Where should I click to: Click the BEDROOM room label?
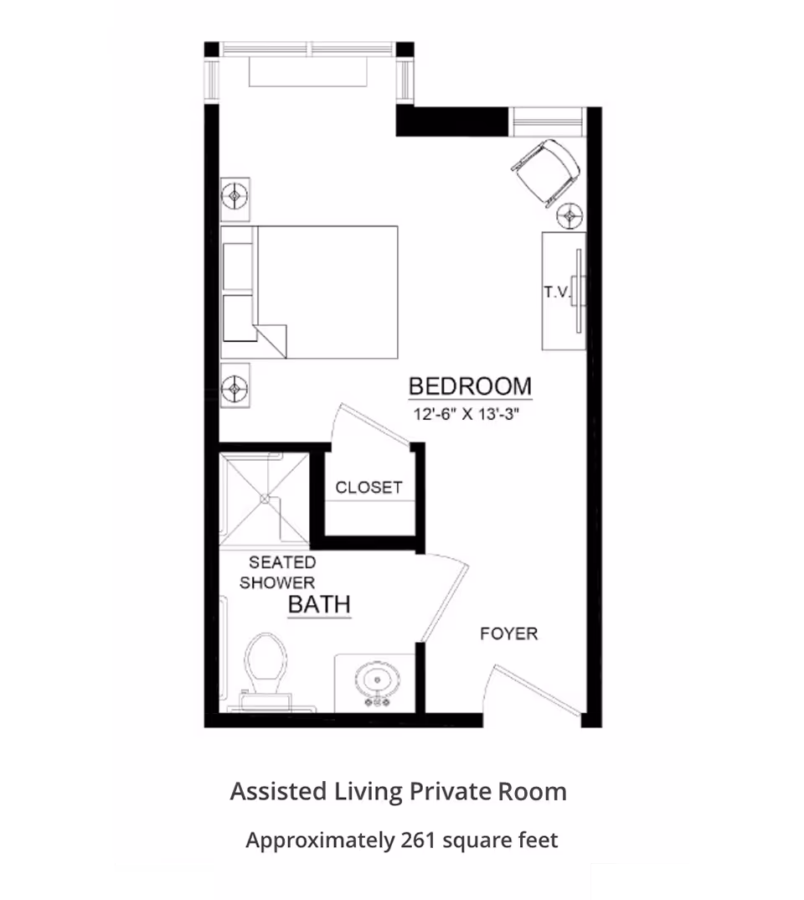tap(470, 386)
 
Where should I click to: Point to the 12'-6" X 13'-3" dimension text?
tap(466, 414)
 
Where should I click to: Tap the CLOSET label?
tap(368, 488)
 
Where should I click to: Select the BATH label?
tap(319, 604)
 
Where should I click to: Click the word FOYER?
tap(508, 634)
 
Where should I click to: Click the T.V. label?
tap(558, 292)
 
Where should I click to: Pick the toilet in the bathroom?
tap(265, 670)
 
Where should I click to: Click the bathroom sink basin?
tap(377, 682)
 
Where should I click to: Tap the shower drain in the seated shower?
tap(265, 499)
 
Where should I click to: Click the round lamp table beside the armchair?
tap(569, 216)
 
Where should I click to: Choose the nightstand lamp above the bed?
tap(234, 196)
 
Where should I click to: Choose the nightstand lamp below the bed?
tap(234, 389)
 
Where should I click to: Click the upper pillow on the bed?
tap(237, 266)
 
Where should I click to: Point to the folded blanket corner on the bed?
tap(271, 340)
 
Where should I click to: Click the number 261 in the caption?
tap(419, 841)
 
